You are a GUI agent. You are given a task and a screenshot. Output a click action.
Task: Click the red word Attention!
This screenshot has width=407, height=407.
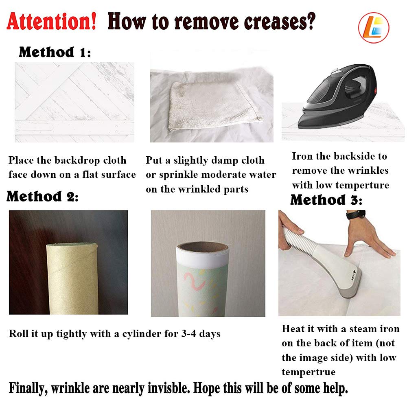click(51, 21)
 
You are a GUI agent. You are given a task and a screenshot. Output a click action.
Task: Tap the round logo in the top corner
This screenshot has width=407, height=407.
click(374, 28)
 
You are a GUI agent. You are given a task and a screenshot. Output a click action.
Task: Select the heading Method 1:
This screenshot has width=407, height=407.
click(55, 52)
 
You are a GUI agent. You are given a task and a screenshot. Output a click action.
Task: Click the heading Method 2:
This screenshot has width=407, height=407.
click(42, 196)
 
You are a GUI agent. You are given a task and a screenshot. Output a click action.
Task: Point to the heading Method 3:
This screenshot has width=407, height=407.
click(326, 200)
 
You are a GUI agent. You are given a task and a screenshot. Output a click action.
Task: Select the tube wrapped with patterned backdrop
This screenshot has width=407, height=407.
click(202, 279)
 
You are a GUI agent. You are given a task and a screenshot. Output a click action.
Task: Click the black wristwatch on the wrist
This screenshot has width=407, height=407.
click(356, 215)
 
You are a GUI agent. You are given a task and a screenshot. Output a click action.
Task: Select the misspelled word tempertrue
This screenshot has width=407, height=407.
click(309, 372)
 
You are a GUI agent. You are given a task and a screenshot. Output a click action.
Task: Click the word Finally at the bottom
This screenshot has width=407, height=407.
click(28, 388)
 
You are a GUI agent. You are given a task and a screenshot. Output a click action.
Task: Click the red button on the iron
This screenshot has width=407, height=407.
click(374, 90)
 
